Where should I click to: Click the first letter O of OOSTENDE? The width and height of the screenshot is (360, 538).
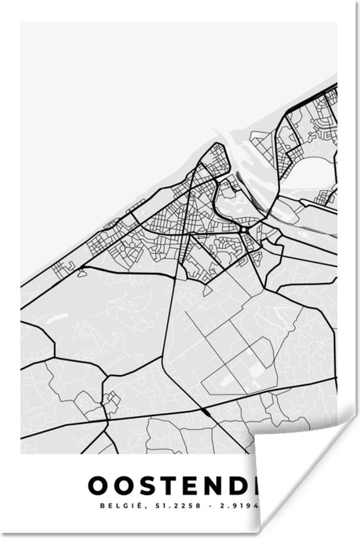(x=97, y=485)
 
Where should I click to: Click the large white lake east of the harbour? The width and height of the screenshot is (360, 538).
(x=314, y=173)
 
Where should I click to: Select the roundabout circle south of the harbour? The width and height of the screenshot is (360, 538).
(x=243, y=230)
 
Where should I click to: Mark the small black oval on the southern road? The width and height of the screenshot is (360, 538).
(x=207, y=412)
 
